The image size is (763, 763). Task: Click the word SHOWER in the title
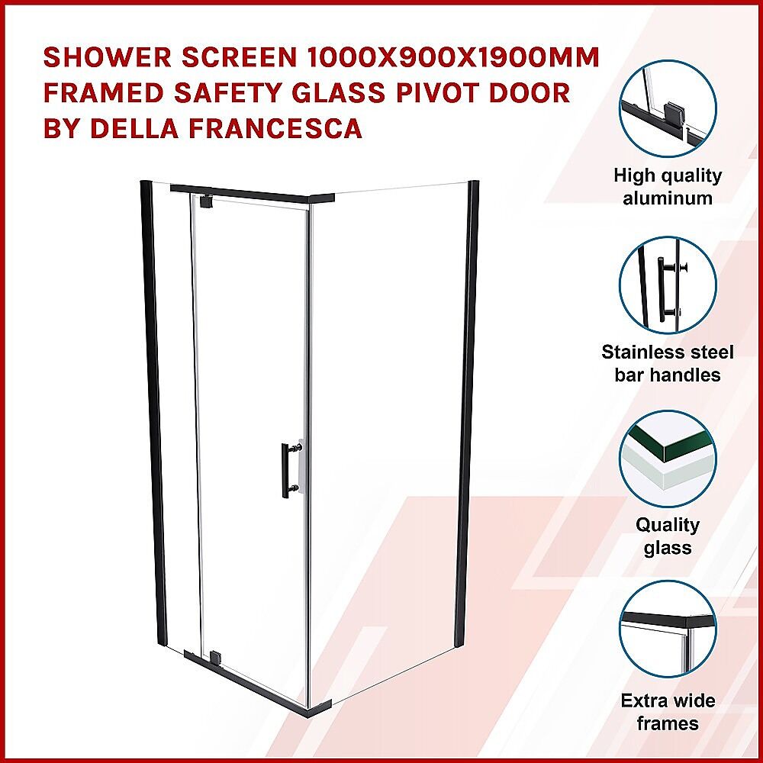[x=108, y=57]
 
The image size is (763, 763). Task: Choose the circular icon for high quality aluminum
[x=668, y=108]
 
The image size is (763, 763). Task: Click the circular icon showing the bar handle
[x=668, y=285]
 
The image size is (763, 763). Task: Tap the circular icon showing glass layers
[x=668, y=459]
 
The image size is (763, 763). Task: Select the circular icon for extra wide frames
[x=668, y=629]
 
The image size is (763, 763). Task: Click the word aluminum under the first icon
[x=668, y=198]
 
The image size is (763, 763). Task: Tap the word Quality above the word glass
[x=668, y=525]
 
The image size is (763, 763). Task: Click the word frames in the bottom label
[x=668, y=723]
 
